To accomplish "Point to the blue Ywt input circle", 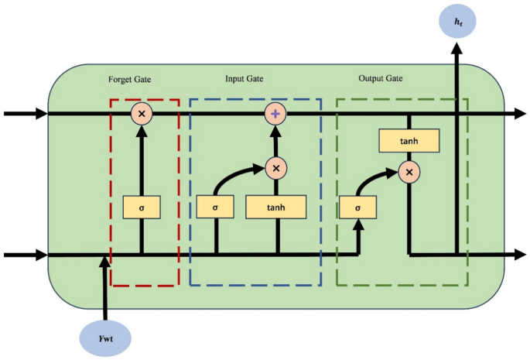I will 104,338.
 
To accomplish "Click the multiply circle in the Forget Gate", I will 141,114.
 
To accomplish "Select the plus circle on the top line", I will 275,114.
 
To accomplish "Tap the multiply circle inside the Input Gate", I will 275,167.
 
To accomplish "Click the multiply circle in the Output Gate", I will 409,171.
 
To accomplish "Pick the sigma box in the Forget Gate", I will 141,207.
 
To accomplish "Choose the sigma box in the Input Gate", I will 215,207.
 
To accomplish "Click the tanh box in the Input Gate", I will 275,207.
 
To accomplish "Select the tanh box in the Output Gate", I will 409,140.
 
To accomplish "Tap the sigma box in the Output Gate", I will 358,207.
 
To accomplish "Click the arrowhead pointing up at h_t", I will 457,49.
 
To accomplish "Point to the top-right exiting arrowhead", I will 519,114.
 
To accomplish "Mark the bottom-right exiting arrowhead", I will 519,254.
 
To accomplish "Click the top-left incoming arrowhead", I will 41,114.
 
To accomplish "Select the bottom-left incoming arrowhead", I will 41,254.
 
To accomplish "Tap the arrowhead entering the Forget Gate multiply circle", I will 141,130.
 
